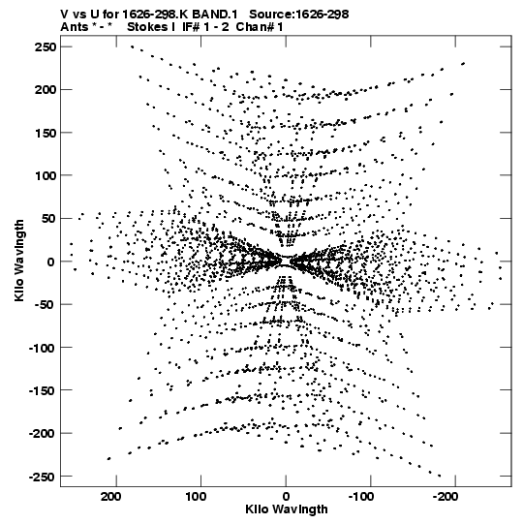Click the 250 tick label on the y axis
pyautogui.click(x=46, y=47)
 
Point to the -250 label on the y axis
pyautogui.click(x=42, y=477)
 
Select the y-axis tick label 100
pyautogui.click(x=46, y=175)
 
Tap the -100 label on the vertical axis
pyautogui.click(x=42, y=349)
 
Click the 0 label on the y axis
pyautogui.click(x=51, y=262)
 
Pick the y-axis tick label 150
pyautogui.click(x=46, y=133)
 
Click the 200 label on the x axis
pyautogui.click(x=111, y=497)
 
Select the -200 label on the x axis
pyautogui.click(x=446, y=497)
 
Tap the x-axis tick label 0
pyautogui.click(x=286, y=497)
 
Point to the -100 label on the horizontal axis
pyautogui.click(x=362, y=497)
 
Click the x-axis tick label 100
pyautogui.click(x=196, y=497)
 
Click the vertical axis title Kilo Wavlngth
pyautogui.click(x=19, y=261)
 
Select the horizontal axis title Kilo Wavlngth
pyautogui.click(x=287, y=509)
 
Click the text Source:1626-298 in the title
pyautogui.click(x=299, y=15)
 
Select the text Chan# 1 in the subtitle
pyautogui.click(x=260, y=27)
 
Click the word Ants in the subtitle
pyautogui.click(x=74, y=27)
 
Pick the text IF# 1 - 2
pyautogui.click(x=205, y=27)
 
